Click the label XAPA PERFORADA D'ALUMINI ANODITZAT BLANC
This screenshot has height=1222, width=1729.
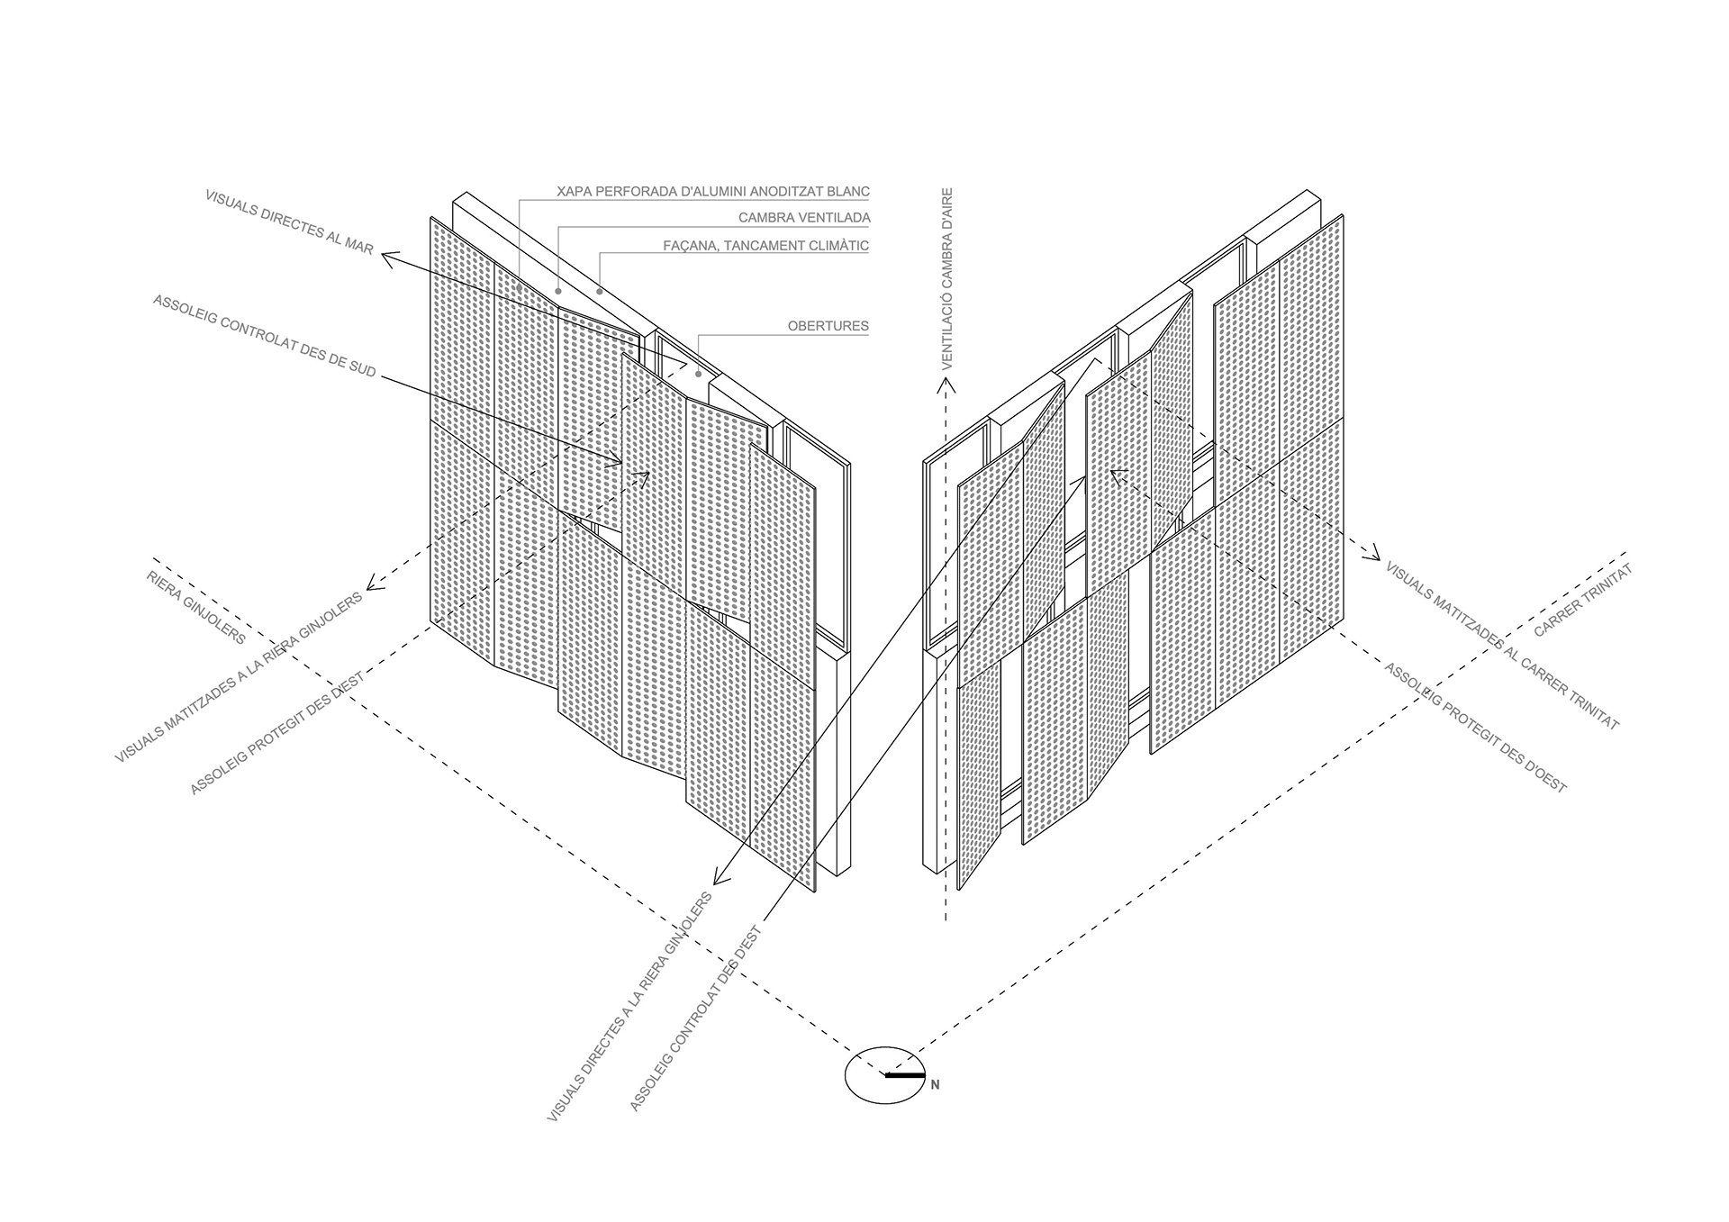tap(712, 192)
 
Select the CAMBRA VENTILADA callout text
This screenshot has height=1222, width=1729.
tap(803, 218)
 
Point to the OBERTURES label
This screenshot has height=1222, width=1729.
tap(828, 326)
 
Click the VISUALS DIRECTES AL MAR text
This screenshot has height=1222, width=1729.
tap(288, 222)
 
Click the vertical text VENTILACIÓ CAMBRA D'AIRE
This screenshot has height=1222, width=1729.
tap(946, 279)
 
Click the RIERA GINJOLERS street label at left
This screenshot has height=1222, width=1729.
tap(195, 607)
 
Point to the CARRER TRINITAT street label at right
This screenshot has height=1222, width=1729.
tap(1582, 601)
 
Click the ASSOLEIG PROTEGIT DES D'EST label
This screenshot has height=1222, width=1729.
tap(276, 733)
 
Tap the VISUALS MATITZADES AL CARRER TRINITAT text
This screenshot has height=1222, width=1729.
tap(1501, 646)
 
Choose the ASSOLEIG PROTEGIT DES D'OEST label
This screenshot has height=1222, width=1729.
tap(1475, 728)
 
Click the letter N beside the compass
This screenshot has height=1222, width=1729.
tap(935, 1085)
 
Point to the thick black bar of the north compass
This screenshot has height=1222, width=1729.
tap(905, 1074)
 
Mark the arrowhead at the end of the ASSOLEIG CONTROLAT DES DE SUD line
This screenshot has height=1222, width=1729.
tap(618, 463)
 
